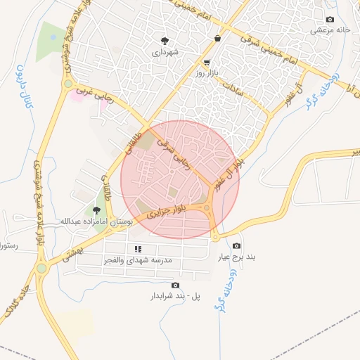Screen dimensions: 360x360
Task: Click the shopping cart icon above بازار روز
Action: point(207,63)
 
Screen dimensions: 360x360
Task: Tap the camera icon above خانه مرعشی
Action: point(330,19)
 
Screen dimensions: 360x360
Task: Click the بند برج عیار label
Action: point(236,257)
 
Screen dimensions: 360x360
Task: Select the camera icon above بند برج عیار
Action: point(236,246)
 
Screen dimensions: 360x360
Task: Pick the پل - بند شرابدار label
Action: point(176,296)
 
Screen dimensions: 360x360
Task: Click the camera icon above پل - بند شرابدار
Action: point(175,285)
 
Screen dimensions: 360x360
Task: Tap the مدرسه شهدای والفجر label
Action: point(138,260)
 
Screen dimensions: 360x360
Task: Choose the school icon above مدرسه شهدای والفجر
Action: point(138,249)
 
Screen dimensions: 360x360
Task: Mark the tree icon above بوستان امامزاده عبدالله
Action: point(96,210)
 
